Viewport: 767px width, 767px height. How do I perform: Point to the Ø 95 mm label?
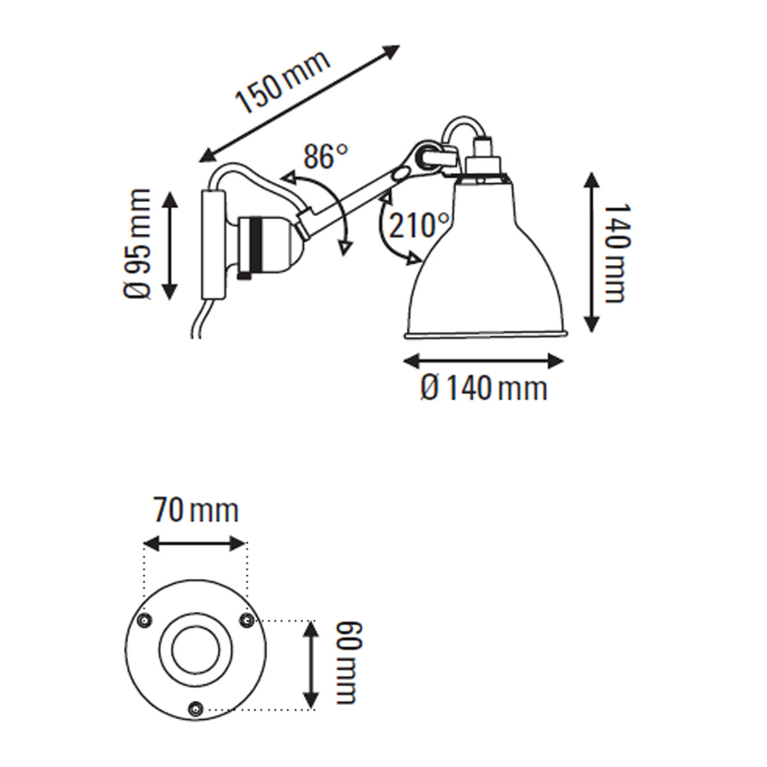137,244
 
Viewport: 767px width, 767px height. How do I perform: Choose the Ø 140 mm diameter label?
484,388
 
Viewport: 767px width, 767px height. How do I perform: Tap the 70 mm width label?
195,511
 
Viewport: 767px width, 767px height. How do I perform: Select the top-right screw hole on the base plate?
245,619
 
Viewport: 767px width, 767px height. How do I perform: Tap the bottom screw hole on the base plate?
196,708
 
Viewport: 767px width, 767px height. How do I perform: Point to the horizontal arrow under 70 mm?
195,545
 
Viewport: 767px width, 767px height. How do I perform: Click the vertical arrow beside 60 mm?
311,665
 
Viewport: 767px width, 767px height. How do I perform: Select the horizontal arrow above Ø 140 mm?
484,360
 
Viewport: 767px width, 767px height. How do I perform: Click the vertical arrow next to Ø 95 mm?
170,244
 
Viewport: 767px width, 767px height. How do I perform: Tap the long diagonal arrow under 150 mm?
300,103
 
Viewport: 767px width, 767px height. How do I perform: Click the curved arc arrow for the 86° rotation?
332,205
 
